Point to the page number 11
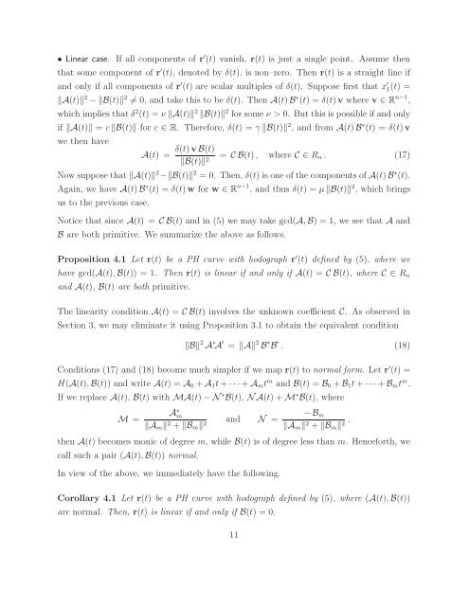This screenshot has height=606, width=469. [234, 588]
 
